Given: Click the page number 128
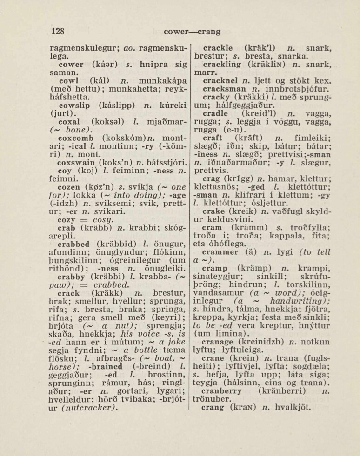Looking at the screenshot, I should click(x=57, y=32).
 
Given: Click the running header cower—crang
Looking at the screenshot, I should click(x=192, y=32).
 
